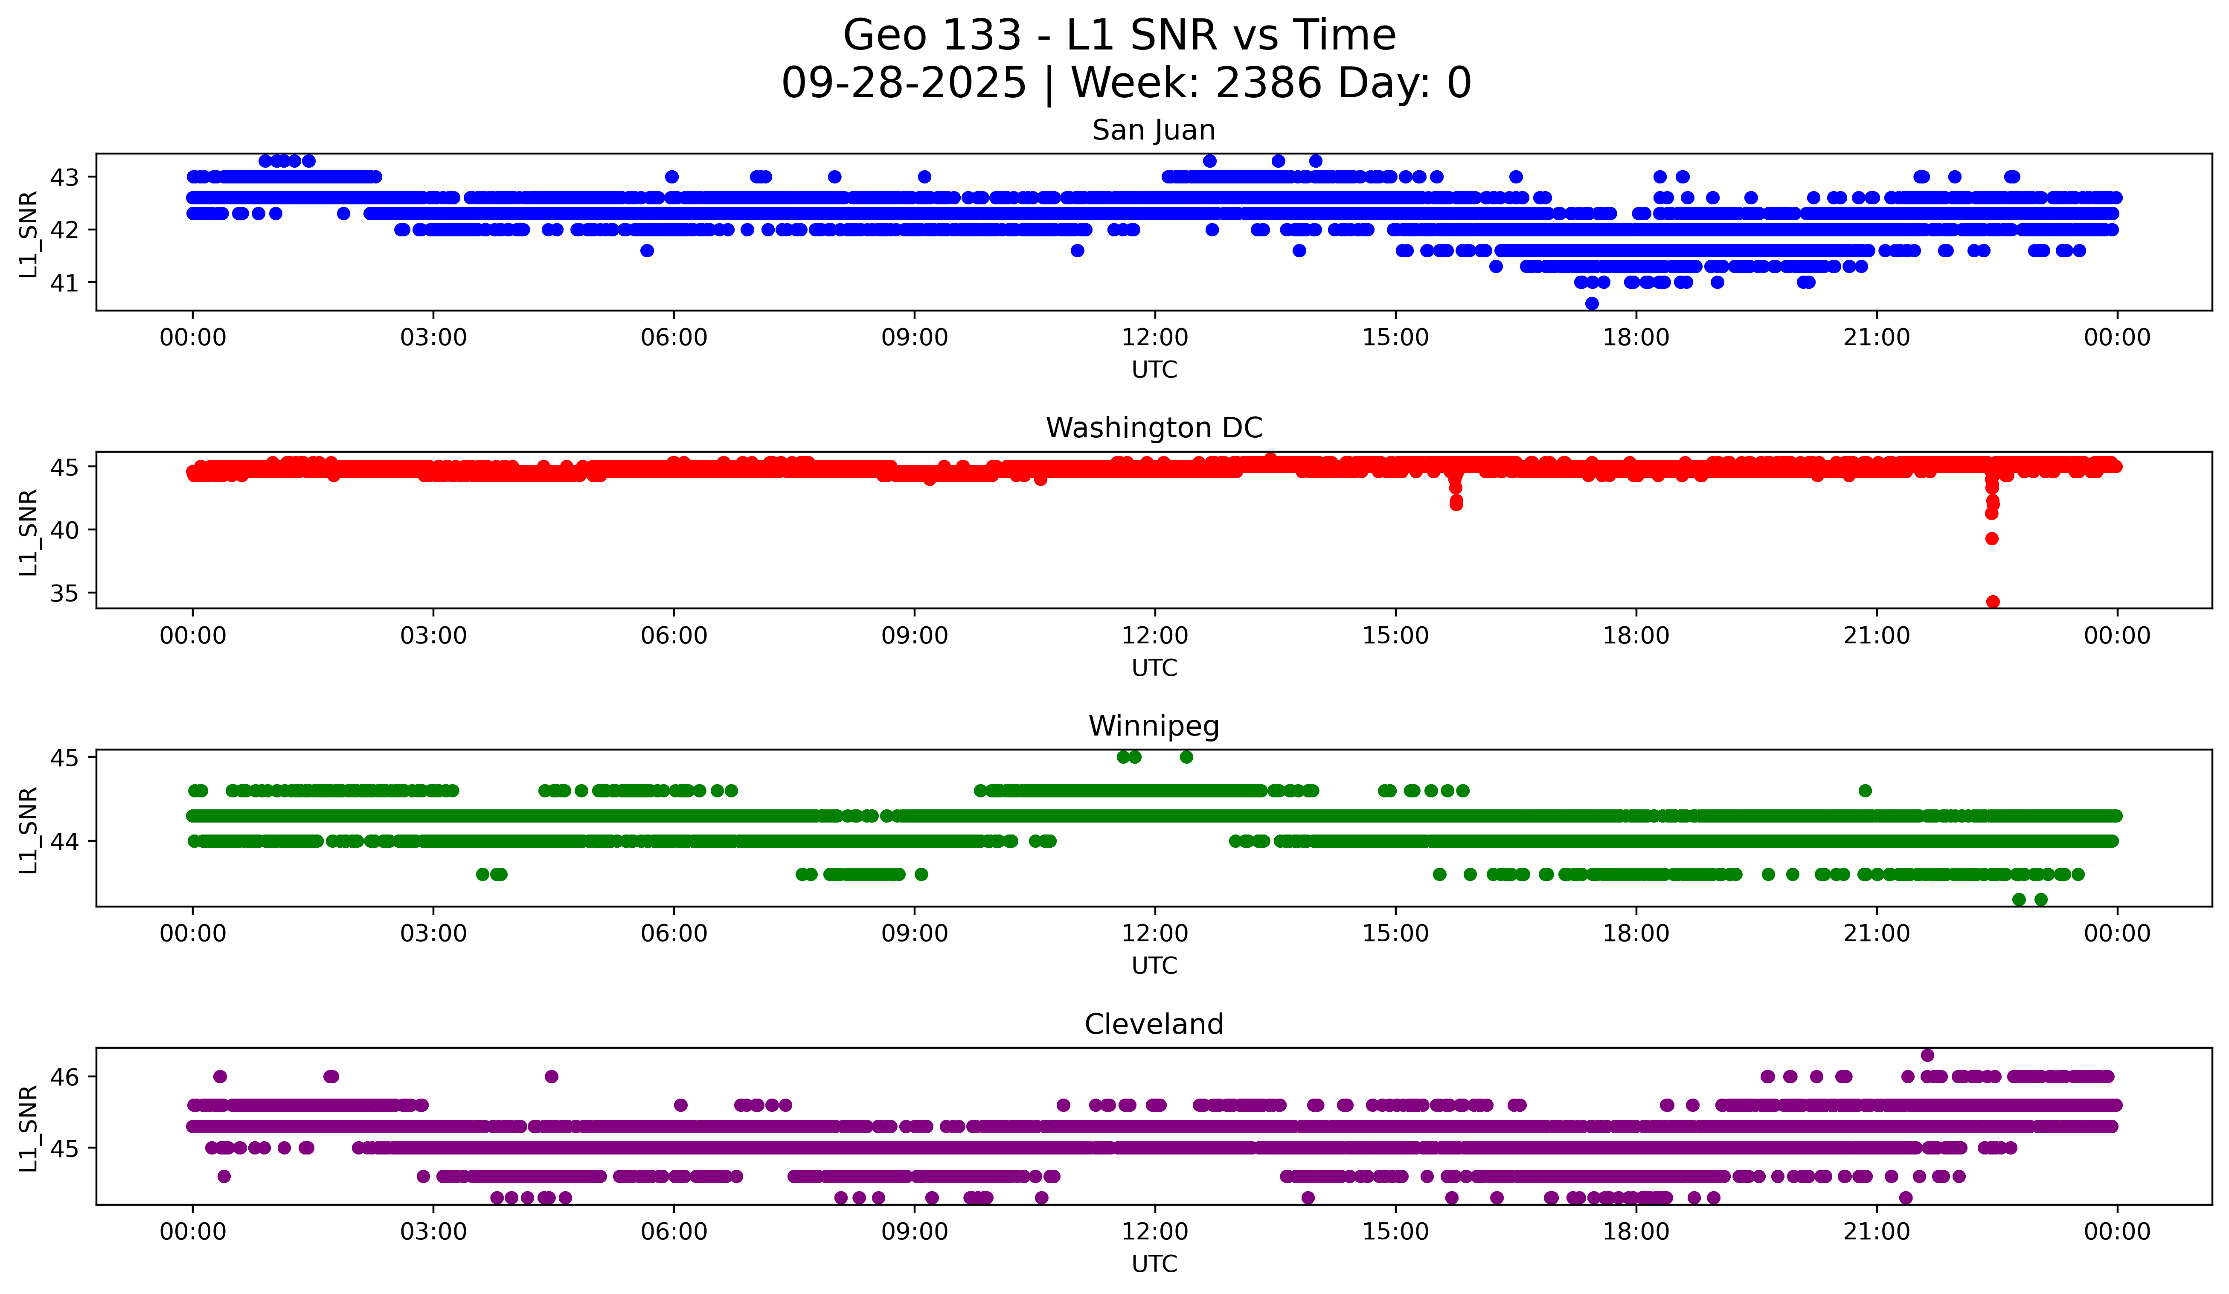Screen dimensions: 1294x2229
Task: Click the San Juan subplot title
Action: point(1154,130)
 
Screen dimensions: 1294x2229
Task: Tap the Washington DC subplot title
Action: point(1154,428)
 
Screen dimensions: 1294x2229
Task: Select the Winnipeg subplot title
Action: point(1154,726)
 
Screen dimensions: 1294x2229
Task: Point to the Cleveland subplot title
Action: point(1154,1024)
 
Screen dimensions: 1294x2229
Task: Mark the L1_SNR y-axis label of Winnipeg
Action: point(28,830)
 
